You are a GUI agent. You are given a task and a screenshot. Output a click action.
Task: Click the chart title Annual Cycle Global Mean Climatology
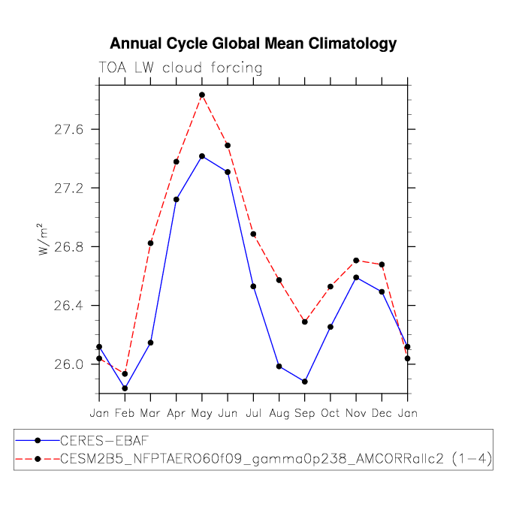(x=253, y=44)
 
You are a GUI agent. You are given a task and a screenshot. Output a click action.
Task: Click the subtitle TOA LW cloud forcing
(x=180, y=68)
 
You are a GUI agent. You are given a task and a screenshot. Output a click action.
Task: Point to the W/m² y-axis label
(x=43, y=240)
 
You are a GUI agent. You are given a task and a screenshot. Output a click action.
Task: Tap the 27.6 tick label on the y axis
(x=65, y=129)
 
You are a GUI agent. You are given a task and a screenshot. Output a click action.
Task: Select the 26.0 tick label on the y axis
(x=65, y=364)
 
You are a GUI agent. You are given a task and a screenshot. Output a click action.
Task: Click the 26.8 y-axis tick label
(x=65, y=246)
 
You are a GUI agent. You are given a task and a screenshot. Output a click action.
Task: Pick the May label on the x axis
(x=202, y=414)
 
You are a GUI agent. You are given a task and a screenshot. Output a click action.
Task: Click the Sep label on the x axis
(x=305, y=414)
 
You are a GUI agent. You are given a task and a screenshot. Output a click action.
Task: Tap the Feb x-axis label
(x=125, y=413)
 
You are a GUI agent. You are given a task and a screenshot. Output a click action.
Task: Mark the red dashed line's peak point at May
(x=202, y=95)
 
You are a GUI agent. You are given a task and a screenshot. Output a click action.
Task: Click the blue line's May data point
(x=202, y=156)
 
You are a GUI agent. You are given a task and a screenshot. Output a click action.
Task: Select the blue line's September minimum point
(x=305, y=382)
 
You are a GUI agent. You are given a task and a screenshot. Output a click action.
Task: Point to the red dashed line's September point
(x=305, y=321)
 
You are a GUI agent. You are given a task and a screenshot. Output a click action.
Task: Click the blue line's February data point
(x=125, y=388)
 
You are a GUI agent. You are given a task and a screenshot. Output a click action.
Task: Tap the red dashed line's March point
(x=151, y=243)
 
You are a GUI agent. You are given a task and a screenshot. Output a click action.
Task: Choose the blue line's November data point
(x=356, y=277)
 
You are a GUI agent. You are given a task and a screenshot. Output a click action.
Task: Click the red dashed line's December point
(x=382, y=264)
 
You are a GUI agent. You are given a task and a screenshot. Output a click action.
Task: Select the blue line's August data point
(x=279, y=367)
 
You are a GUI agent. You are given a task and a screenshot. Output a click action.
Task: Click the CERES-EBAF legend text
(x=104, y=441)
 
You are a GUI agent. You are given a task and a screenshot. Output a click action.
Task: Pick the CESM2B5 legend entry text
(x=276, y=459)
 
